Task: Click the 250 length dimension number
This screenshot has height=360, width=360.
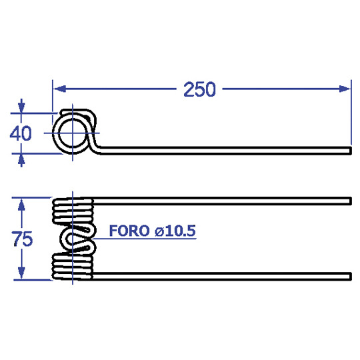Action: [199, 89]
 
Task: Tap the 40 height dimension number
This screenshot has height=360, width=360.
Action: [21, 133]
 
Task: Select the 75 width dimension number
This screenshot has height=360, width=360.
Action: [22, 239]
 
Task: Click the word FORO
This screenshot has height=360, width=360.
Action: [129, 231]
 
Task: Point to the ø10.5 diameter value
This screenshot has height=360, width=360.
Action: [175, 231]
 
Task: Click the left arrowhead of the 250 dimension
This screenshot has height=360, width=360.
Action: [60, 89]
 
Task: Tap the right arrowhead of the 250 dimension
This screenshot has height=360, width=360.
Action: [345, 89]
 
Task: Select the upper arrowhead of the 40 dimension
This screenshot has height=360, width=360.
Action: [21, 107]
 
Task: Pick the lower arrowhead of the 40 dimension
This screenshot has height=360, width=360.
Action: [21, 159]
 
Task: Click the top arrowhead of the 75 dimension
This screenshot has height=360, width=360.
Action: [21, 205]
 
